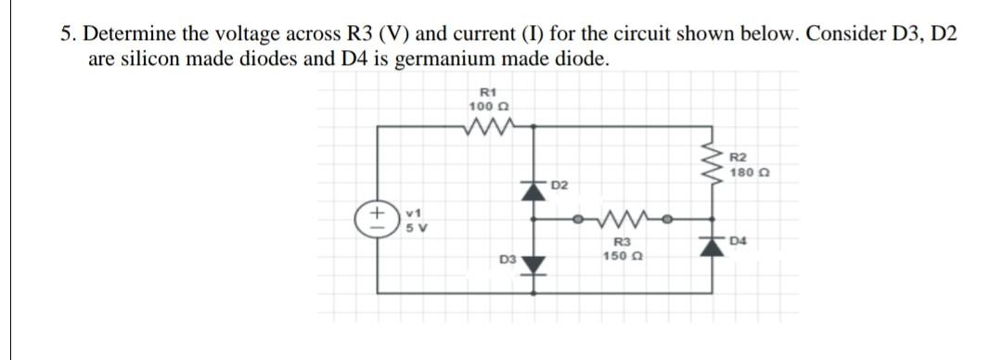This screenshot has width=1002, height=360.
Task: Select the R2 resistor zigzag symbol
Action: [x=715, y=167]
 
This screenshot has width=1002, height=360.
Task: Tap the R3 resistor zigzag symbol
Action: [x=617, y=221]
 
